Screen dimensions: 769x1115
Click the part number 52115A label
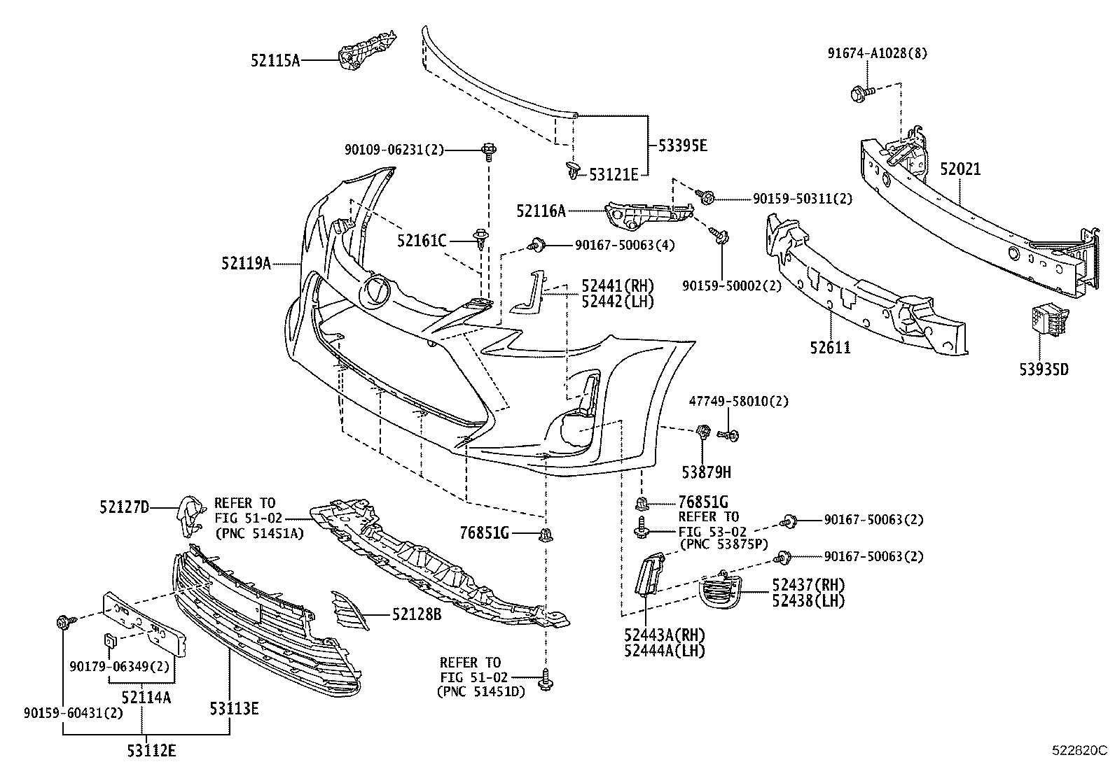coord(275,61)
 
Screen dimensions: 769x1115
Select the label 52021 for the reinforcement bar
coord(960,169)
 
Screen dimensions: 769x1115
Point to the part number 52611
coord(831,347)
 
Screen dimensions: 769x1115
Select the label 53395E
coord(683,146)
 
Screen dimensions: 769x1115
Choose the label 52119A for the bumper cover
coord(246,263)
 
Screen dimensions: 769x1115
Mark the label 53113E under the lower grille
coord(234,709)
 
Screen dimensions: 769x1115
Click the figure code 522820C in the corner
coord(1079,750)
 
